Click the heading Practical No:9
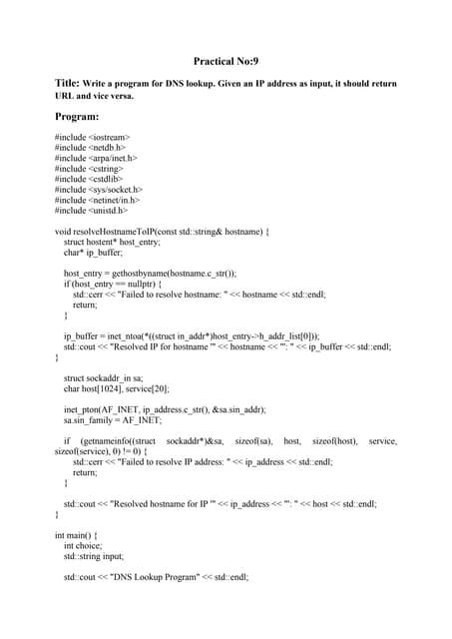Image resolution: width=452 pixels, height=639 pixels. coord(226,62)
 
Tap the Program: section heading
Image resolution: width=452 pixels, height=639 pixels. coord(84,116)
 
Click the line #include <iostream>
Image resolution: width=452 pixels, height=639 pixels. coord(93,137)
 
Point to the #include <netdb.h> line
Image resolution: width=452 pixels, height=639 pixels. coord(93,147)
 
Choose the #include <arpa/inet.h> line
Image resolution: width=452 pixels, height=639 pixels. coord(97,158)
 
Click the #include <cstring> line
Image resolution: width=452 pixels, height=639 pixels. coord(91,168)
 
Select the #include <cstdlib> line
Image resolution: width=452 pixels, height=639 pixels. coord(91,179)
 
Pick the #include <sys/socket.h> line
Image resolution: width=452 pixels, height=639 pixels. coord(100,189)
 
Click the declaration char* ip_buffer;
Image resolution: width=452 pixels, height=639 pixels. coord(94,253)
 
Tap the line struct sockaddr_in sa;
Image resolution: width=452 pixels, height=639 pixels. coord(104,379)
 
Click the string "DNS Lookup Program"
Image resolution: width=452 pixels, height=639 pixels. coord(149,578)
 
